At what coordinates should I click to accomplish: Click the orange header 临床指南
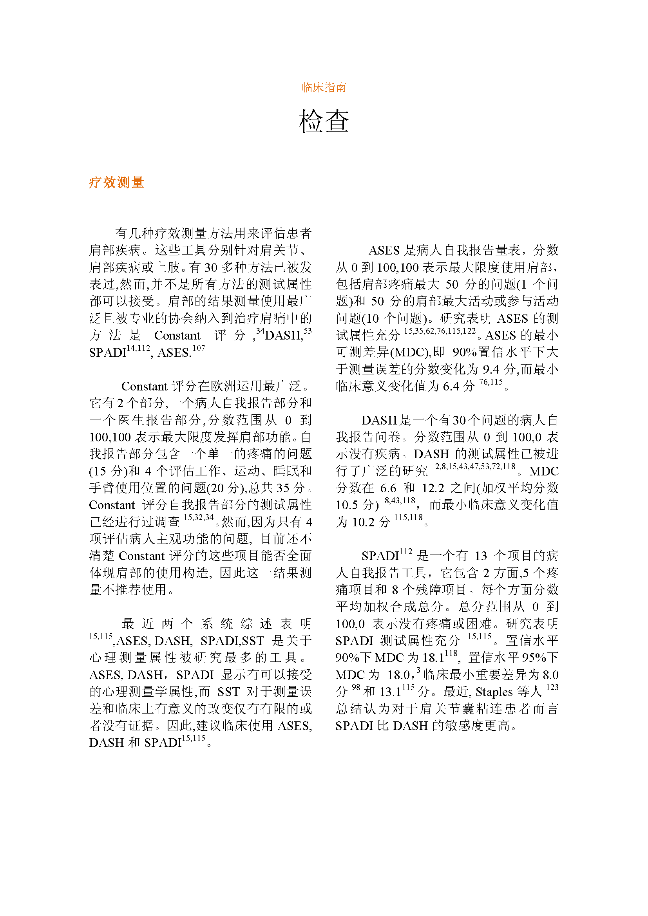(324, 87)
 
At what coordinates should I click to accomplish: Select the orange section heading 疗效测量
(116, 182)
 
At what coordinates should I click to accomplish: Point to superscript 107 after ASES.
(199, 348)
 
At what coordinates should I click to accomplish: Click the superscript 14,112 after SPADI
(138, 348)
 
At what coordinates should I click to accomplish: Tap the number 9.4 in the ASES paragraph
(491, 369)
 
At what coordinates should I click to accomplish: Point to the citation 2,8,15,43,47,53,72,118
(475, 466)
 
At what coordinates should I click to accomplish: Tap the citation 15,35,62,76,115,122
(440, 331)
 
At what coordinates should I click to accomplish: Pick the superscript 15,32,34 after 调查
(198, 517)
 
